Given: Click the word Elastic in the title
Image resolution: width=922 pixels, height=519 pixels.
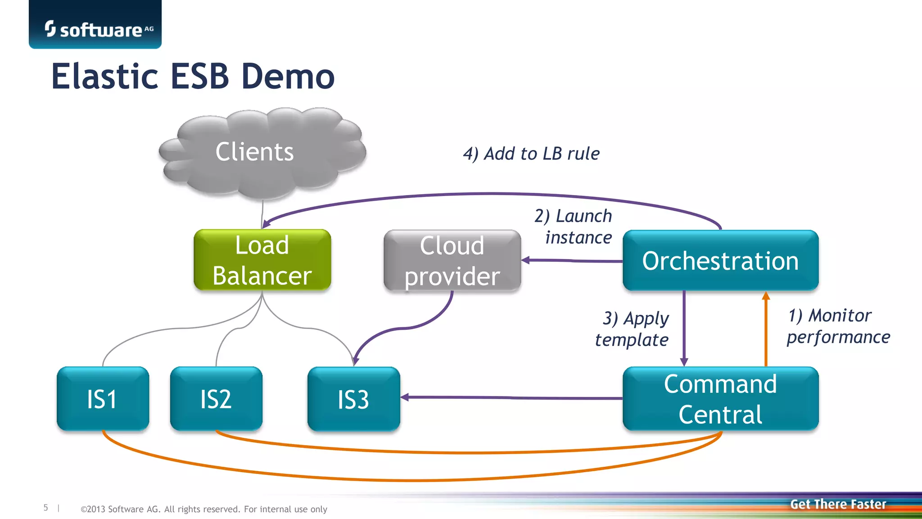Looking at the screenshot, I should click(104, 76).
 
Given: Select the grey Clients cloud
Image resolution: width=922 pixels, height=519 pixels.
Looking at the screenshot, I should click(262, 152).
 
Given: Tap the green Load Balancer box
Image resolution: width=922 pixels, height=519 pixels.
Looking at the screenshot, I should click(262, 260).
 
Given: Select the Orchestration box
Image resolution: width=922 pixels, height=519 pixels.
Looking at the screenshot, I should click(720, 261).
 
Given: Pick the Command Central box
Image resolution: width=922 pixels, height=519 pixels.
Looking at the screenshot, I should click(720, 399).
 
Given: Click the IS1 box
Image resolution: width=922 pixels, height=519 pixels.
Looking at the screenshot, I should click(103, 399).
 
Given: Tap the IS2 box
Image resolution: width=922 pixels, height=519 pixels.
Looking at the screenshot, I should click(216, 399).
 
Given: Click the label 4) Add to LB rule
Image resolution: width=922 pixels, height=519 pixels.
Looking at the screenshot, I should click(531, 154).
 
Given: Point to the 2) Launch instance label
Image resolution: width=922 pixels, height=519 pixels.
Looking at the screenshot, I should click(574, 227).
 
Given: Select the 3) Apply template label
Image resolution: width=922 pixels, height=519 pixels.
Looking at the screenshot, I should click(632, 329).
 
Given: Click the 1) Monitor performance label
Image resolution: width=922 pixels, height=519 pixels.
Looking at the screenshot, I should click(838, 326).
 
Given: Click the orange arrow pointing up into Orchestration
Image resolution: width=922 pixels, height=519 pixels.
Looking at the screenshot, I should click(766, 329).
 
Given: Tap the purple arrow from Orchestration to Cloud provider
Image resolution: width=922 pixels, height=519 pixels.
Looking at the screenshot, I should click(572, 260).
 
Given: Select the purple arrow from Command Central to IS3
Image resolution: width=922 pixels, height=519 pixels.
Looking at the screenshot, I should click(511, 397).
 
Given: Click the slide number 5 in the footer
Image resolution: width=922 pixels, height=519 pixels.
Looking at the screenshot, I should click(45, 508).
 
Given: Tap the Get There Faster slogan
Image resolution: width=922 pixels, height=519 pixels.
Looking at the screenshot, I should click(838, 504).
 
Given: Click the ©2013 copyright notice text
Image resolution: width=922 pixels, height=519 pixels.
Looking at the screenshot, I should click(203, 509).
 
